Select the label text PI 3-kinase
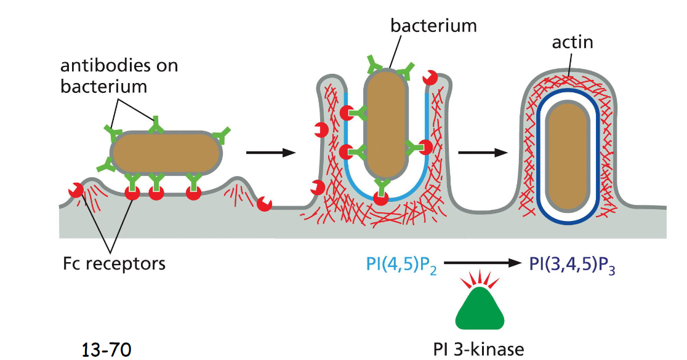point(479,350)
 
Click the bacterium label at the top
point(433,25)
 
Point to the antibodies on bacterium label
point(119,75)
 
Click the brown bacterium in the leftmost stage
point(166,152)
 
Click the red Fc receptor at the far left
point(76,191)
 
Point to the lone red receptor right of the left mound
point(265,204)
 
